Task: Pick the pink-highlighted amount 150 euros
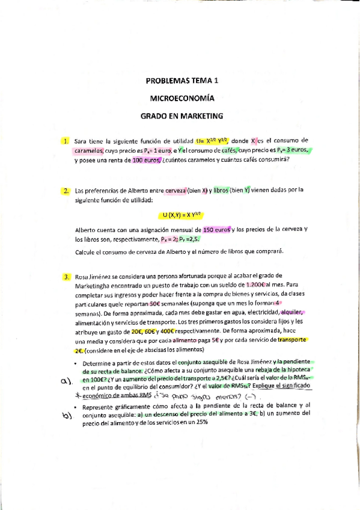click(218, 230)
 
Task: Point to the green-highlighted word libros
click(222, 191)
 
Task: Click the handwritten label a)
click(66, 381)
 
